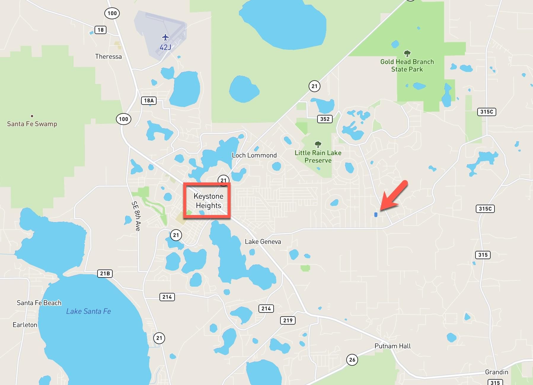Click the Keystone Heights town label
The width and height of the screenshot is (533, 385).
tap(208, 201)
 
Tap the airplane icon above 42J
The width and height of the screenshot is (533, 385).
tap(165, 37)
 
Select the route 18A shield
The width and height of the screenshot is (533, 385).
tap(149, 100)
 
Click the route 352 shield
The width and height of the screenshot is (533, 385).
tap(325, 119)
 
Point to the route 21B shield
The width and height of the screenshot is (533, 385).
tap(105, 273)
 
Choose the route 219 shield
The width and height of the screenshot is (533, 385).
tap(288, 320)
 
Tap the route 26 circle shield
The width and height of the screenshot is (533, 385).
tap(352, 360)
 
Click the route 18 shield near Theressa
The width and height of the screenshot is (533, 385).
tap(100, 30)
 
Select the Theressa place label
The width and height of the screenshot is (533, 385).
tap(108, 57)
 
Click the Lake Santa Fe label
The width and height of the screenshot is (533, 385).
tap(88, 311)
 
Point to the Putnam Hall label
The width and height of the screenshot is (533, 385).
tap(392, 346)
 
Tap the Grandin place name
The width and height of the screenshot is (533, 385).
tap(497, 372)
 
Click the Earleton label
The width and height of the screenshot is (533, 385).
tap(25, 325)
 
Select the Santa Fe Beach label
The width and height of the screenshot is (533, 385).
tap(39, 303)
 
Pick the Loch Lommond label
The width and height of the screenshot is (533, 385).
tap(254, 155)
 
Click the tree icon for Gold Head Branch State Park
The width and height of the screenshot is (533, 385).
tap(407, 54)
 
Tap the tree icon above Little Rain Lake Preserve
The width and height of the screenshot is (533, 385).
tap(318, 145)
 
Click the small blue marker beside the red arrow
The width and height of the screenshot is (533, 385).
tap(376, 215)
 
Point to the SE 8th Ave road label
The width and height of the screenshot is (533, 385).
tap(136, 216)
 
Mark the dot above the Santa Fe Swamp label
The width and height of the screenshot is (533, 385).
tap(32, 116)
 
